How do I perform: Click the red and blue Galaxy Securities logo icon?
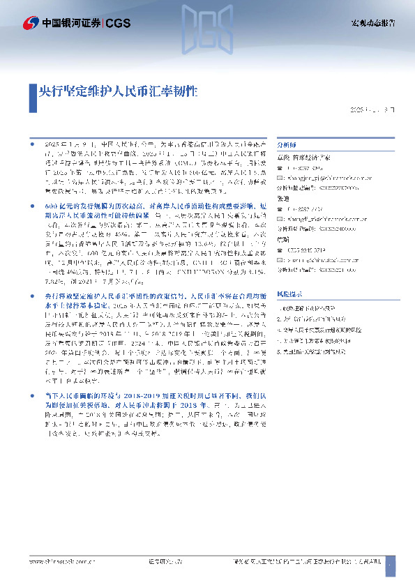tap(31, 23)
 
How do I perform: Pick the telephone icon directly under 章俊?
tap(280, 169)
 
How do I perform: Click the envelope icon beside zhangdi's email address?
tap(280, 218)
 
